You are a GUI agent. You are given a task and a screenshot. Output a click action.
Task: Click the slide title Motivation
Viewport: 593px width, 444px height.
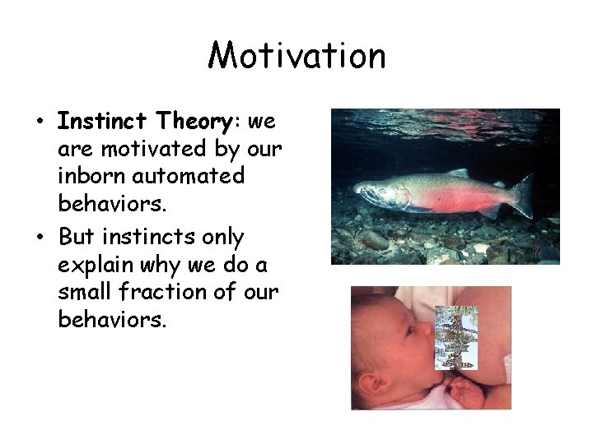pyautogui.click(x=296, y=56)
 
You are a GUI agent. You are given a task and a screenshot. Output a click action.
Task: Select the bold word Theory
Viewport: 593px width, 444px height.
pyautogui.click(x=196, y=122)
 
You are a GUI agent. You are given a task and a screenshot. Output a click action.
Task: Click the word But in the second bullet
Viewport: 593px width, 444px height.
pyautogui.click(x=76, y=238)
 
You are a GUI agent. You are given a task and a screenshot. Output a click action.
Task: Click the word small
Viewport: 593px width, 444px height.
pyautogui.click(x=83, y=293)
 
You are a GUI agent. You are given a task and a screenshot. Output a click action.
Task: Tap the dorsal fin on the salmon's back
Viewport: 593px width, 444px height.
pyautogui.click(x=458, y=173)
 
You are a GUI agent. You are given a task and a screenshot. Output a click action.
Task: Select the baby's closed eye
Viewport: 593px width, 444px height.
pyautogui.click(x=409, y=330)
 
